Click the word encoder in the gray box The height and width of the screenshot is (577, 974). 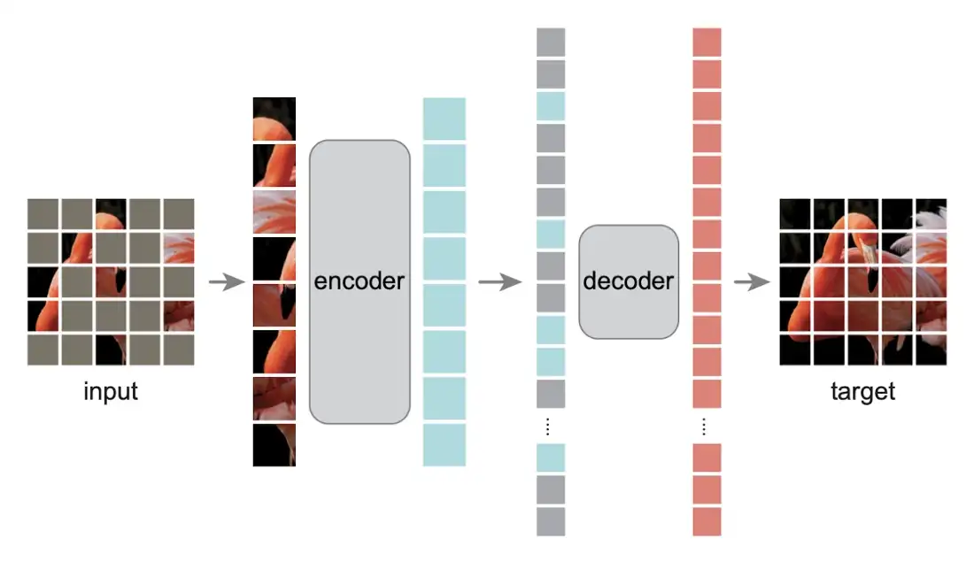point(359,281)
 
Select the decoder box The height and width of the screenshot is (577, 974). point(629,281)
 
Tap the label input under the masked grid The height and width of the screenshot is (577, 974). point(111,391)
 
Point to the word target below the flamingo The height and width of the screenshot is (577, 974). point(862,391)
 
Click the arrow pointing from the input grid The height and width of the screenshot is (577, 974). point(227,283)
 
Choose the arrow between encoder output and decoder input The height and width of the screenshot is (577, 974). point(497,283)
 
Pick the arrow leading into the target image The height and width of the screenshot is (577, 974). point(752,283)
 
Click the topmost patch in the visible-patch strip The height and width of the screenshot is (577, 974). point(274,119)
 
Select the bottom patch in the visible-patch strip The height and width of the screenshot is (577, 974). point(274,445)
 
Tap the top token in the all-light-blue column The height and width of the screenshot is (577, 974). point(444,119)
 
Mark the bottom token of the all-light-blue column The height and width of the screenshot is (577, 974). point(444,444)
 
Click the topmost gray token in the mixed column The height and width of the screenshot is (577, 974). point(551,42)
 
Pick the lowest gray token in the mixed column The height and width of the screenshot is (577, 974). point(551,521)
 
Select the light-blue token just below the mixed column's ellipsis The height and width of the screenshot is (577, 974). point(551,458)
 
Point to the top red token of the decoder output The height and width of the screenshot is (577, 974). point(707,42)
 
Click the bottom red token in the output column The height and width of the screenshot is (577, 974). point(707,521)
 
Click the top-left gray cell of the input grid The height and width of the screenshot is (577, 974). point(43,213)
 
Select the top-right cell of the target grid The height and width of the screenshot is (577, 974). point(931,213)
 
